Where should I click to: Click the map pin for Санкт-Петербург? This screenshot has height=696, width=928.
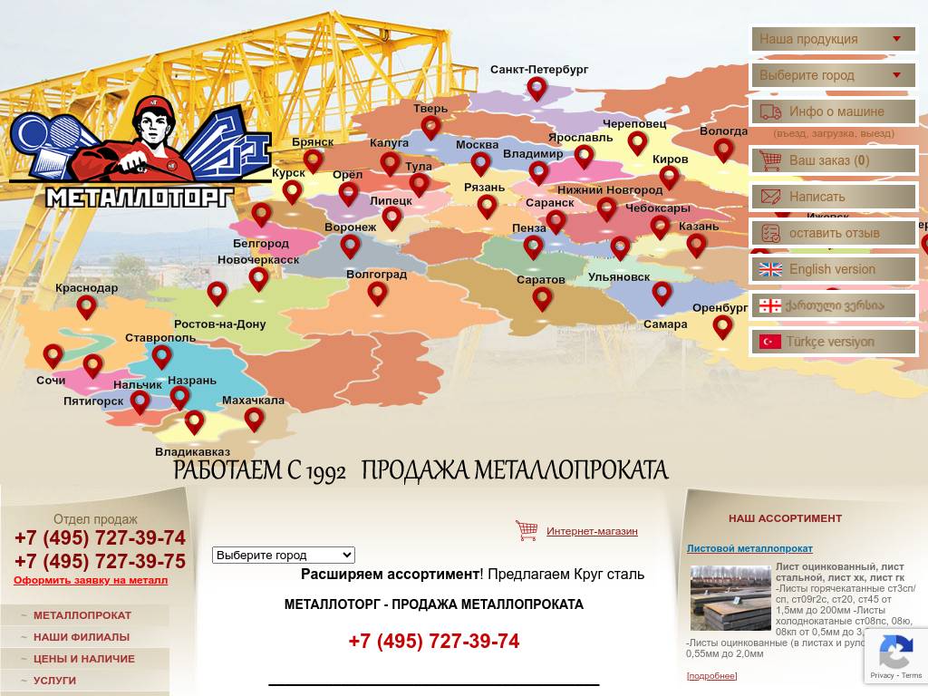537,88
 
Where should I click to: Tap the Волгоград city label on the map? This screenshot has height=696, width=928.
376,274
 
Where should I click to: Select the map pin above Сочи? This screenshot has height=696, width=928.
53,355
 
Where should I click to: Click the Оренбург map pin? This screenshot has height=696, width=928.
722,325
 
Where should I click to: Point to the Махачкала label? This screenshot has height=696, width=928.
253,401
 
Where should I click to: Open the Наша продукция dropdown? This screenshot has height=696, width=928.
832,39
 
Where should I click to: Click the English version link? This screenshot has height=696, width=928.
832,269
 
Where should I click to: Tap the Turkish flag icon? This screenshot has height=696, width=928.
770,342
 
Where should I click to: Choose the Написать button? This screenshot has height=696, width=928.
832,197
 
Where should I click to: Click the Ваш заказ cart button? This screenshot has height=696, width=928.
832,160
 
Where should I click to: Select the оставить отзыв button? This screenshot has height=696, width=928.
832,233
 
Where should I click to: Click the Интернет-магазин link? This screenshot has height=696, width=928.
592,531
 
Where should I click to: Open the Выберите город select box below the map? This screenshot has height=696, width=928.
283,555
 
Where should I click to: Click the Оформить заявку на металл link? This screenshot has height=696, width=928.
91,580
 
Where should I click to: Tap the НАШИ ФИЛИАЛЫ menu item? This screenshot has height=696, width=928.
82,637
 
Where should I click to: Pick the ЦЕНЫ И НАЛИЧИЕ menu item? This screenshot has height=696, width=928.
84,659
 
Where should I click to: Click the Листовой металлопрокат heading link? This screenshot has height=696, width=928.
749,548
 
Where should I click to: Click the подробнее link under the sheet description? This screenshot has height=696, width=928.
711,676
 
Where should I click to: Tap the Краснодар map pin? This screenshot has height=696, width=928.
86,306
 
